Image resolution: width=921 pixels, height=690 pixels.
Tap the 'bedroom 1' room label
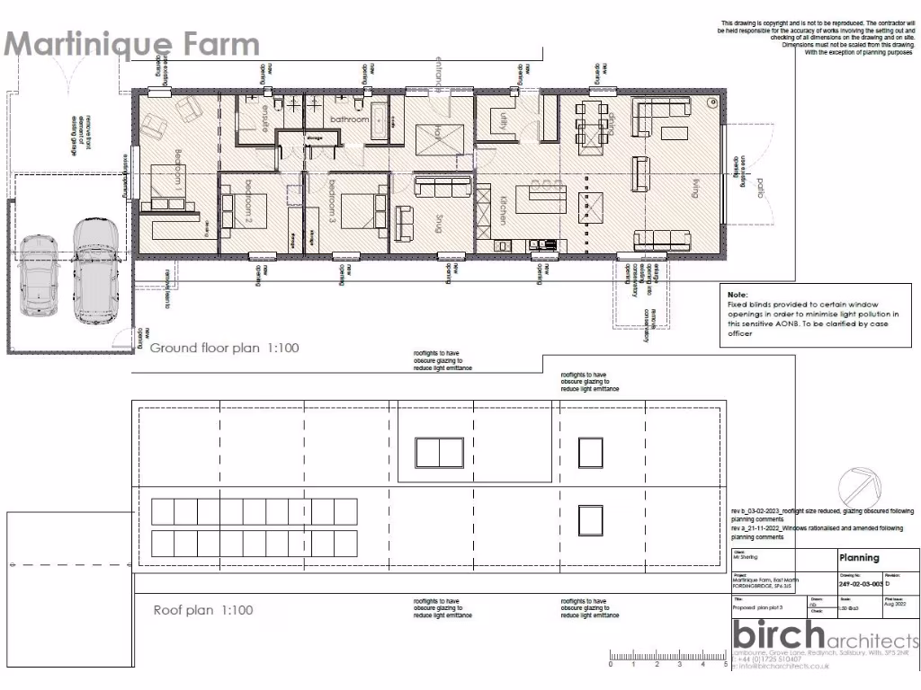pos(179,168)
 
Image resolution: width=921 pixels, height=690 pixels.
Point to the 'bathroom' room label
pos(349,119)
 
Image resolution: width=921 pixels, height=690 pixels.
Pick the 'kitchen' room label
pos(505,208)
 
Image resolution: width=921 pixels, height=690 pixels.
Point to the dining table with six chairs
pos(594,121)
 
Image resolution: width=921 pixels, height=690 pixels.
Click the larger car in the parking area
pos(95,270)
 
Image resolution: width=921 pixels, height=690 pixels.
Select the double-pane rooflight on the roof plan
pos(439,452)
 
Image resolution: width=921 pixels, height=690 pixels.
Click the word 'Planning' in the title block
pos(859,558)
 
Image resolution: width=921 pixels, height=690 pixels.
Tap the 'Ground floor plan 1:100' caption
pos(224,348)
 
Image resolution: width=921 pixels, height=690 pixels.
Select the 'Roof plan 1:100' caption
pos(203,610)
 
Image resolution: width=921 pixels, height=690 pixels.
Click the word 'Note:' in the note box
pos(738,294)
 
